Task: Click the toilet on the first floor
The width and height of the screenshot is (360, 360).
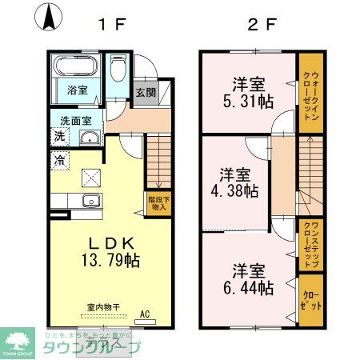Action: tap(119, 70)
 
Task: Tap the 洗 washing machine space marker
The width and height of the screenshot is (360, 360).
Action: tap(60, 138)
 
